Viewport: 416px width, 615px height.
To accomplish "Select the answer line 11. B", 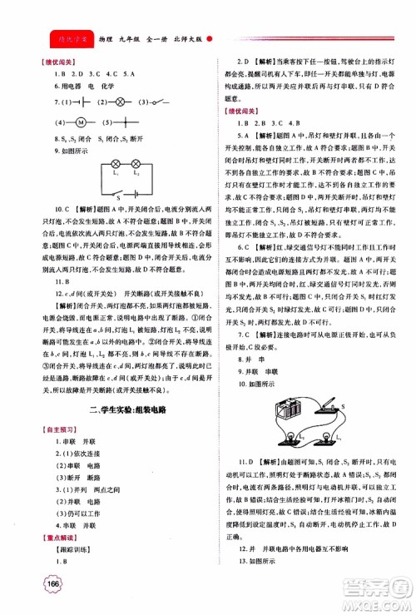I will coord(52,282).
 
